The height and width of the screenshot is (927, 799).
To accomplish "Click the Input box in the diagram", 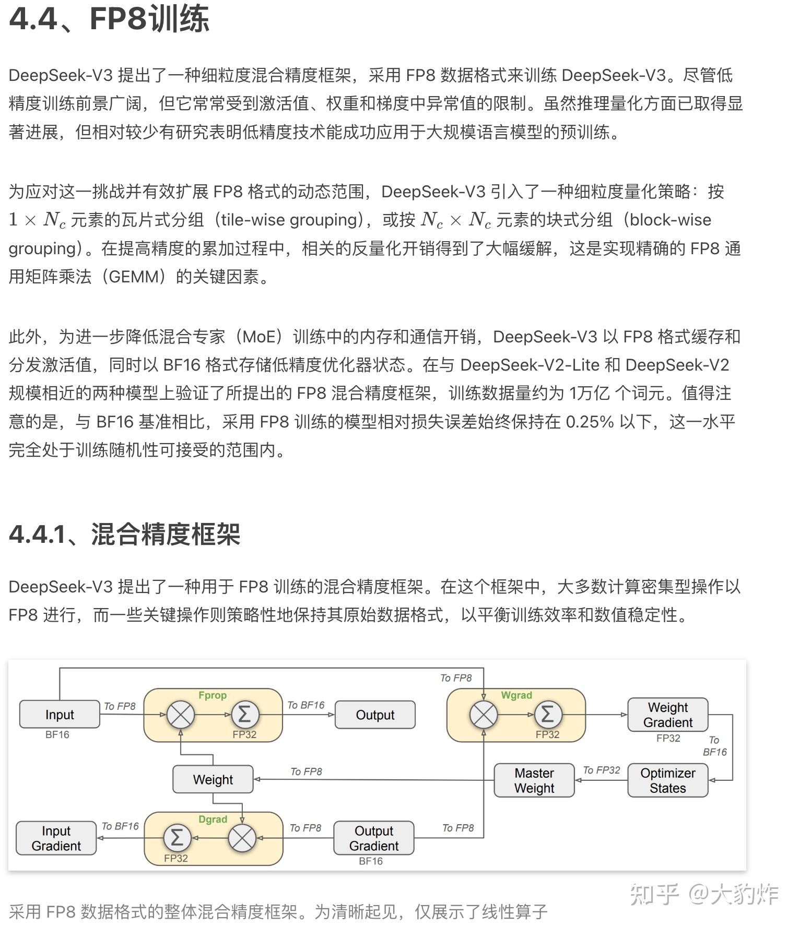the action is [60, 714].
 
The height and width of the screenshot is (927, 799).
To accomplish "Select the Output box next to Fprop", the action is [375, 715].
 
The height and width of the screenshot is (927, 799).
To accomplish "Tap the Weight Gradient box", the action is [667, 715].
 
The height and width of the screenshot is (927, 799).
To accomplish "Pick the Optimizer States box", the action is [667, 780].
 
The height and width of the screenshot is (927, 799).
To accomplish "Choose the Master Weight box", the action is [534, 780].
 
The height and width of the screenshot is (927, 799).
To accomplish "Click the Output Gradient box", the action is [374, 838].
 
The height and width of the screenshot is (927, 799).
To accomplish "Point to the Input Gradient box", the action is [56, 838].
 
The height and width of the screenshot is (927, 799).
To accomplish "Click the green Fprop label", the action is [213, 695].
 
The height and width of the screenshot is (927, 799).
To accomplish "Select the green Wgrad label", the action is [516, 695].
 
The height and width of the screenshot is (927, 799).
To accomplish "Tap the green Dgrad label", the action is [213, 819].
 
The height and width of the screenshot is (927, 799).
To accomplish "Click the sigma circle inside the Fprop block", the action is [244, 715].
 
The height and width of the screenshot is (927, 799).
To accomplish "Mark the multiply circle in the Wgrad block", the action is [484, 715].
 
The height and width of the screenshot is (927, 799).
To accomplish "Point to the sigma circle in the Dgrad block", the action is [177, 838].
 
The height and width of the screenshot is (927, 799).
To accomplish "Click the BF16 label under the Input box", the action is [57, 735].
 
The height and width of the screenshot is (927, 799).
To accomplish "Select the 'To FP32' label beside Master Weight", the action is [601, 770].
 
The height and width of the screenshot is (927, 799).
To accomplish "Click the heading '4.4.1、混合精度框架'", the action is [124, 534].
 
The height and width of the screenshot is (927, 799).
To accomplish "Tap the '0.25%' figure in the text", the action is [590, 422].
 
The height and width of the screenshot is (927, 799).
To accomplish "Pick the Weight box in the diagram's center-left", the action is [213, 780].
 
